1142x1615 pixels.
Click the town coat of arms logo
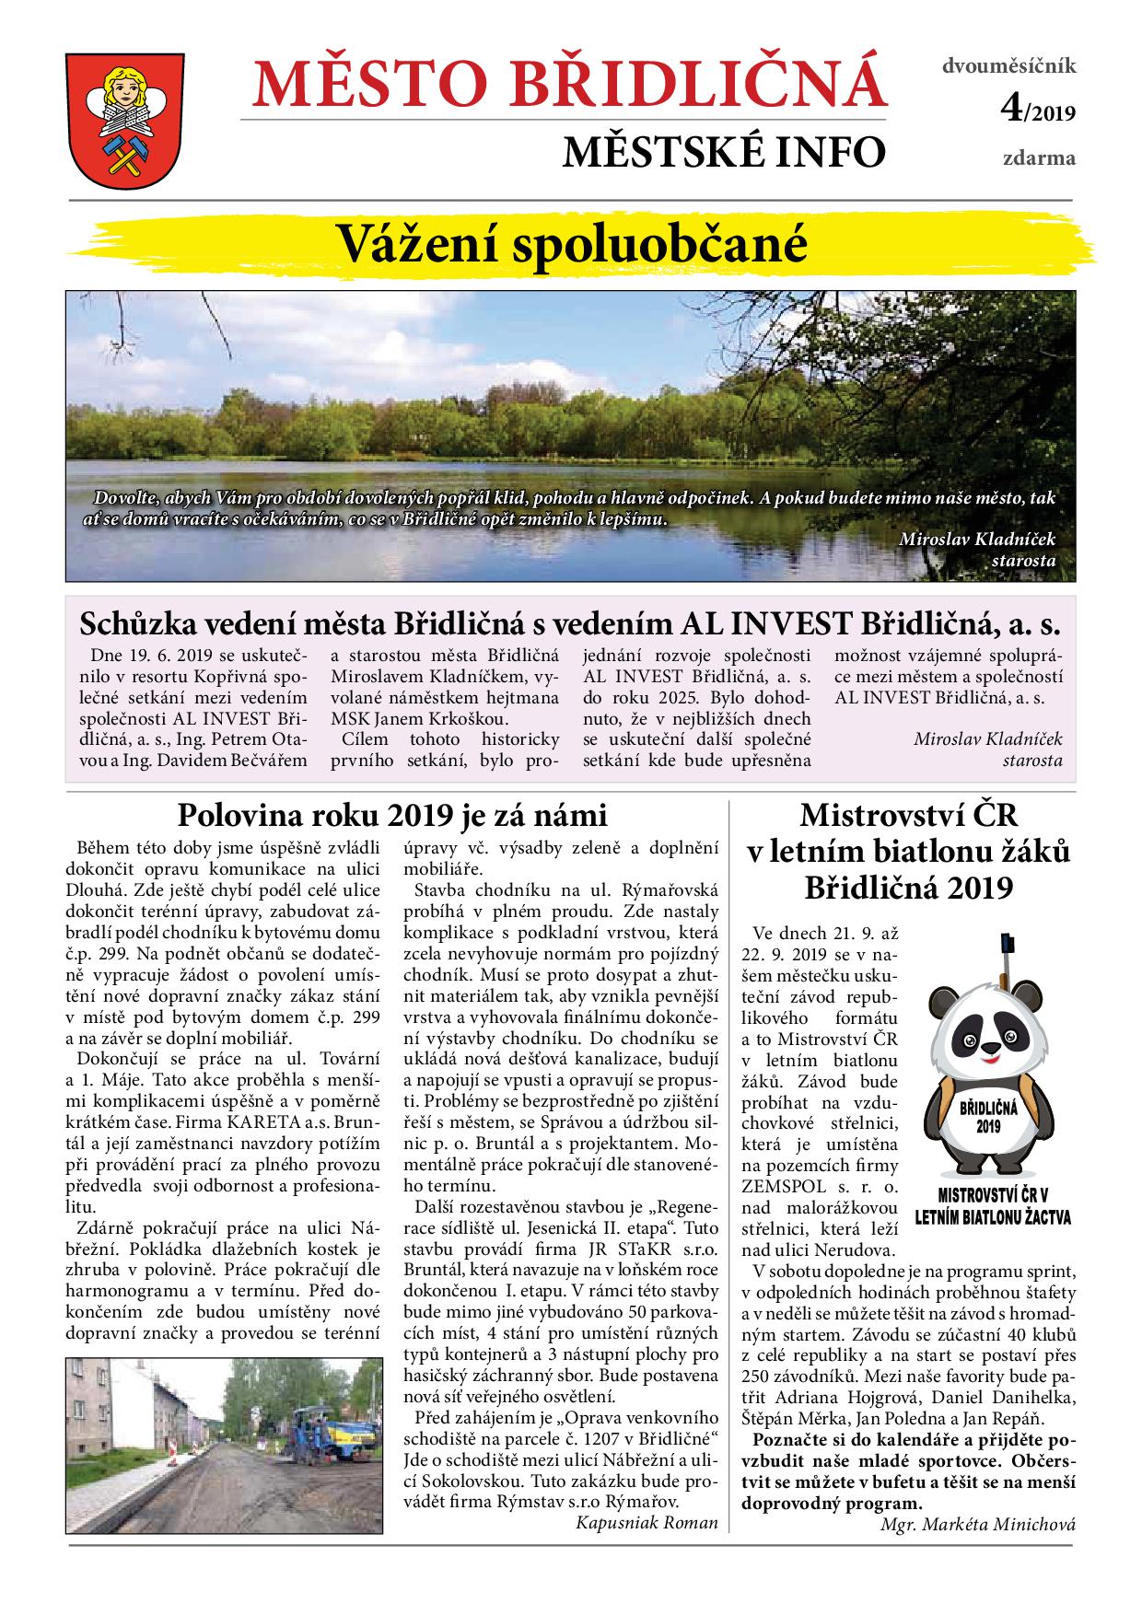coord(121,117)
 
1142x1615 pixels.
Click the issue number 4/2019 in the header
coord(1038,111)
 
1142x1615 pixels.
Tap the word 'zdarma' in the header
coord(1039,157)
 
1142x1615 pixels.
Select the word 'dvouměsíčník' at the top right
coord(1008,66)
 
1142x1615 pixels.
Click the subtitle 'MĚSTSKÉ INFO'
coord(724,153)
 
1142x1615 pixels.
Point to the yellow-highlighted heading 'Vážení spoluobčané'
coord(570,244)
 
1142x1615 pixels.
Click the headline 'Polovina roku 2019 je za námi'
coord(392,815)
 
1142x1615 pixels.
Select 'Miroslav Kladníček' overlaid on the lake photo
coord(977,539)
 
